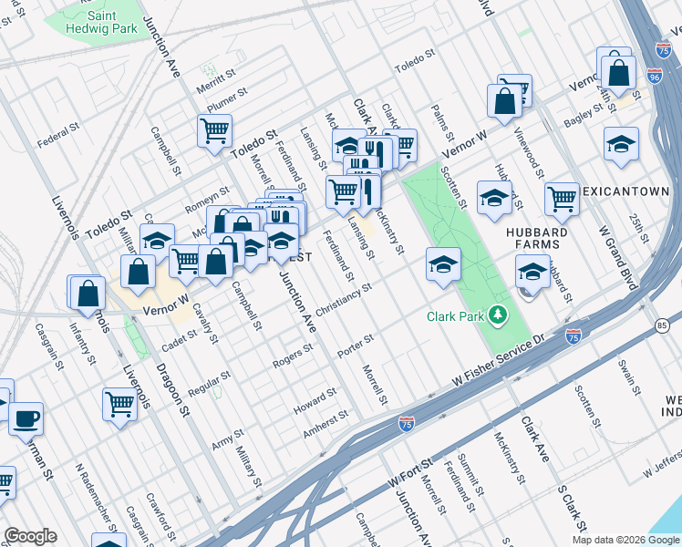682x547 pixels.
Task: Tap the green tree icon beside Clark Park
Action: (x=498, y=316)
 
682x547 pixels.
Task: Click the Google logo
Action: (x=30, y=536)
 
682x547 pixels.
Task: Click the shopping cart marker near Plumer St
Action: (x=214, y=130)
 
